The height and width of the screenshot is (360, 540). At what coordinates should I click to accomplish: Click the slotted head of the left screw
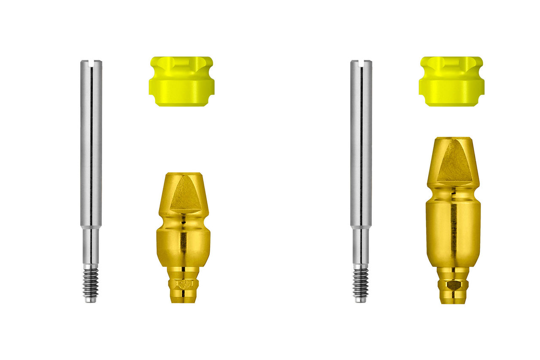91,64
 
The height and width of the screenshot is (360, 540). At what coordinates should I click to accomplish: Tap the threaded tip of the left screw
90,283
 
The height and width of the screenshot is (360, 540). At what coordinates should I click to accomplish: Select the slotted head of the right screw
361,64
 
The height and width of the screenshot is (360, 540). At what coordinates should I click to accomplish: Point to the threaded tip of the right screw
360,283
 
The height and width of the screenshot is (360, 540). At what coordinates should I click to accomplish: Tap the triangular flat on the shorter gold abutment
185,194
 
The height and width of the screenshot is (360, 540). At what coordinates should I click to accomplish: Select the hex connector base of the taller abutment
454,286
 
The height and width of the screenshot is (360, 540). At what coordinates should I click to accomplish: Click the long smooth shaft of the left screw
91,143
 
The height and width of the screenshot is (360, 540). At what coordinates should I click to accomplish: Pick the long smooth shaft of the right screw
361,143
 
